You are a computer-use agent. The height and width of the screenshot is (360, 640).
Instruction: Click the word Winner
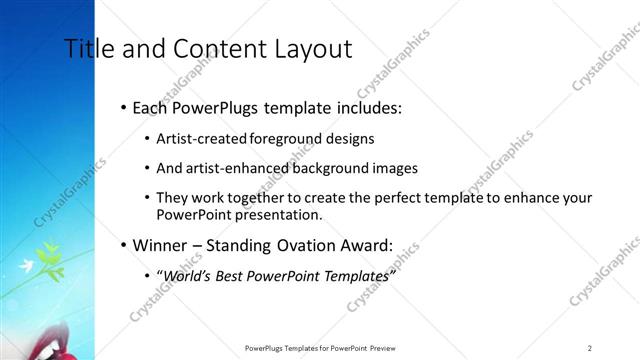(161, 244)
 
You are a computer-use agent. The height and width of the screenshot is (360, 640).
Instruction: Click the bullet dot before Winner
(122, 245)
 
